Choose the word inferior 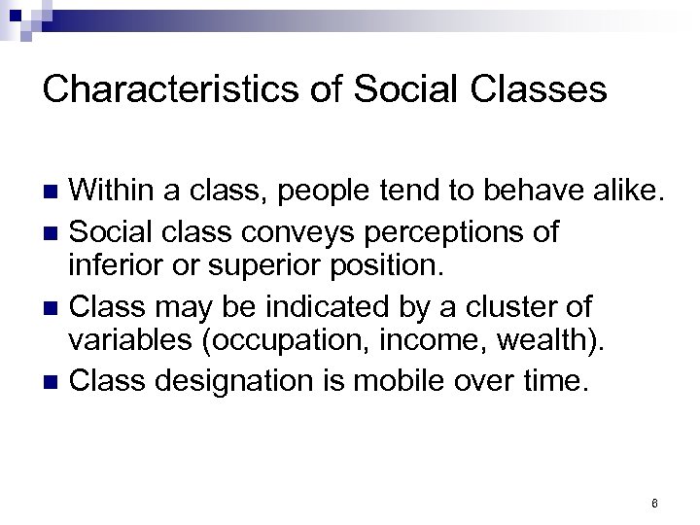[108, 264]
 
